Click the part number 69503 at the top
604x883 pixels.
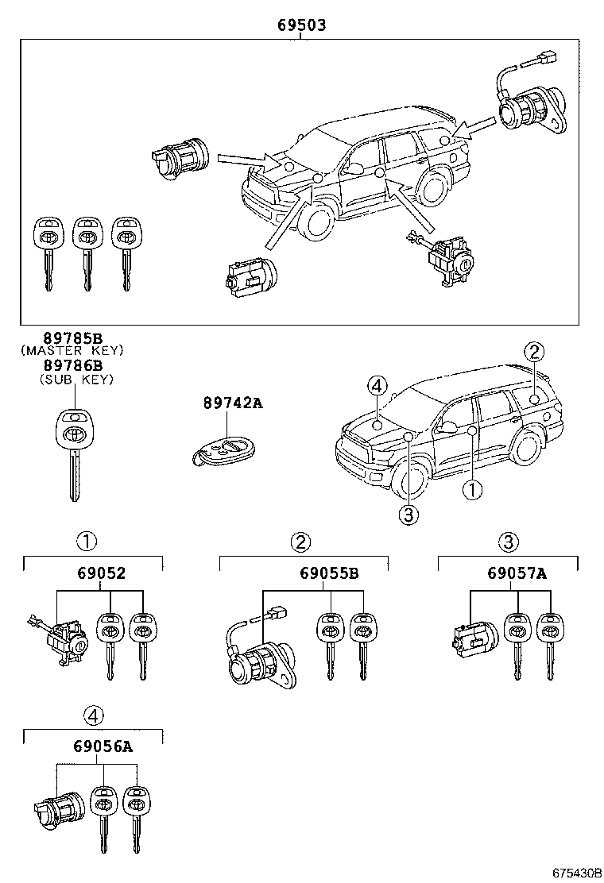point(301,25)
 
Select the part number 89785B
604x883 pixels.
point(73,337)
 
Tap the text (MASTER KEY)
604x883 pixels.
point(73,350)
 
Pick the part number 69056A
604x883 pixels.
point(103,747)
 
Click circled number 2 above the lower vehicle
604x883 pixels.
point(534,352)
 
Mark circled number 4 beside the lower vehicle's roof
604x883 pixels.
point(377,387)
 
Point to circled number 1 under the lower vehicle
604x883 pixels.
point(472,490)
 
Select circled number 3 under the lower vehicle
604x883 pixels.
point(407,515)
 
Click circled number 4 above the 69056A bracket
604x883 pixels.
point(94,715)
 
